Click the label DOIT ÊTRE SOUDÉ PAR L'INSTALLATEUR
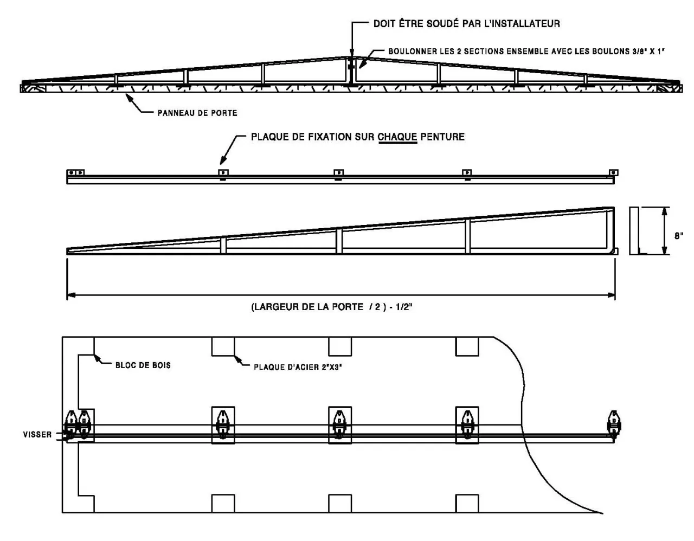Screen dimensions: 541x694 coord(466,24)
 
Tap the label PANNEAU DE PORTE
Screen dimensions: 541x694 coord(197,113)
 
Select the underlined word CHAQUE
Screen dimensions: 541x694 coord(397,137)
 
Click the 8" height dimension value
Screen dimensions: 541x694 coord(678,236)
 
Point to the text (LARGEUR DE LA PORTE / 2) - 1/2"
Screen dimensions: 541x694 coord(332,307)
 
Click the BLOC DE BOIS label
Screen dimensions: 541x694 coord(143,365)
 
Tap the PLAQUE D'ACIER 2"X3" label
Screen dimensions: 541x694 coord(298,367)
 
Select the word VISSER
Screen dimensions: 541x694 coord(37,434)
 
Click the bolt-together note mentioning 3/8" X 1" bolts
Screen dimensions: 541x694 coord(526,51)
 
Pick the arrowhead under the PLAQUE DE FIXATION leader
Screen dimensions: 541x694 coord(222,160)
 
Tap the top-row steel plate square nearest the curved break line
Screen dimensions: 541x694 coord(467,346)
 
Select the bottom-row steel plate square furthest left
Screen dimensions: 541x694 coord(223,503)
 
